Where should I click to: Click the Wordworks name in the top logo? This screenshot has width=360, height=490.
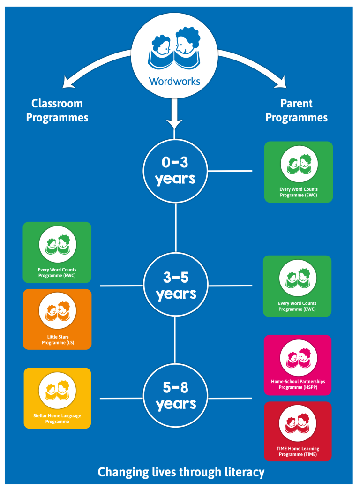tap(174, 81)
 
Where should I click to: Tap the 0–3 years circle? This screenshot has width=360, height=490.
tap(175, 171)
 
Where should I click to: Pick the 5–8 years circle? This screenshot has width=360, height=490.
tap(175, 396)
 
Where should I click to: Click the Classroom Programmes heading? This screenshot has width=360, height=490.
tap(57, 110)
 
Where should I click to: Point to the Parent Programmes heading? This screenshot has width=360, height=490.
tap(297, 110)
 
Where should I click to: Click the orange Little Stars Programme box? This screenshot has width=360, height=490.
tap(57, 319)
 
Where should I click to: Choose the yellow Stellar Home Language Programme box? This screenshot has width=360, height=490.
tap(57, 398)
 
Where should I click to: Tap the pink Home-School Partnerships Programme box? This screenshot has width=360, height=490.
tap(298, 365)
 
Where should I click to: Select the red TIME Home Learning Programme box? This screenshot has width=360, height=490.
tap(298, 431)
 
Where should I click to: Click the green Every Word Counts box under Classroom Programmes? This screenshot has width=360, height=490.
tap(57, 252)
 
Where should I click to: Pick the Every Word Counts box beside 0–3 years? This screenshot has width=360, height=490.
tap(299, 172)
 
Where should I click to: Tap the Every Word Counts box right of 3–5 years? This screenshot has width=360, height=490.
tap(297, 286)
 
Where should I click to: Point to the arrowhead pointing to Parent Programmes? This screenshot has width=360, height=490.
tap(281, 83)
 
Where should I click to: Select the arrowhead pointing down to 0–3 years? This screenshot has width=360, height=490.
tap(174, 124)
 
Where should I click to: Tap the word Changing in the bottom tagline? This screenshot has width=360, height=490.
tap(123, 472)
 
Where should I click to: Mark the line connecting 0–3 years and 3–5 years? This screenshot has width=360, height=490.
tap(176, 228)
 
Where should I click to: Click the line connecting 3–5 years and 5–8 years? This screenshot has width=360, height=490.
tap(175, 340)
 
